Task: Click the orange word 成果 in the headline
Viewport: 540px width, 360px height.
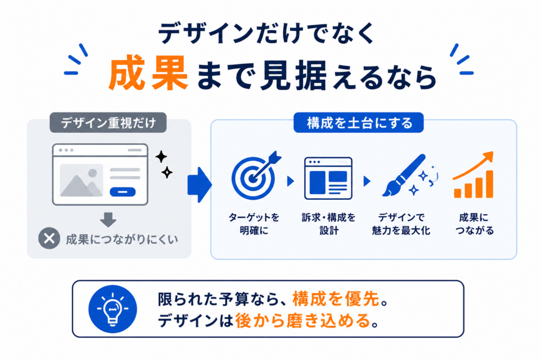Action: (x=148, y=73)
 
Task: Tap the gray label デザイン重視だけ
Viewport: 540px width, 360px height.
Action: (x=108, y=122)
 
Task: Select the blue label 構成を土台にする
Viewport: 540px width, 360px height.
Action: (x=359, y=122)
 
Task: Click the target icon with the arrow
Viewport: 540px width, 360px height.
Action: (x=256, y=176)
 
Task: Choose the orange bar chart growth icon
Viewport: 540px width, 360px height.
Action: (x=473, y=175)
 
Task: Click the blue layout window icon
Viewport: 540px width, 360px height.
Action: (x=328, y=178)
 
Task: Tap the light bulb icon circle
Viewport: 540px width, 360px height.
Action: (x=113, y=309)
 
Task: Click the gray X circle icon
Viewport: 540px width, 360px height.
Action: (x=49, y=238)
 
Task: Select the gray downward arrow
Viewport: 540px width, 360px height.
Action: (x=108, y=220)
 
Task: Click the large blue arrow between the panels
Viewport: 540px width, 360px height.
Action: (x=199, y=185)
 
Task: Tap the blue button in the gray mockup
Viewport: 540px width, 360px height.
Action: (x=122, y=192)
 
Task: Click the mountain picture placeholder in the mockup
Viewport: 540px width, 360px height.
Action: (x=81, y=180)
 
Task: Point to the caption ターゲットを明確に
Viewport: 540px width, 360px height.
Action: (x=254, y=223)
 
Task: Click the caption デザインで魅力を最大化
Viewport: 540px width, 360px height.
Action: (x=401, y=223)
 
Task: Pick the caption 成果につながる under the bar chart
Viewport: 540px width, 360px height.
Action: (x=474, y=223)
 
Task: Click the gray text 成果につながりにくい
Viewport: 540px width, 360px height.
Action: (x=122, y=239)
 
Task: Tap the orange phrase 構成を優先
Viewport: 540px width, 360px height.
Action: (x=336, y=298)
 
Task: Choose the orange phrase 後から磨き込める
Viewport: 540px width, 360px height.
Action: (x=303, y=321)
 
